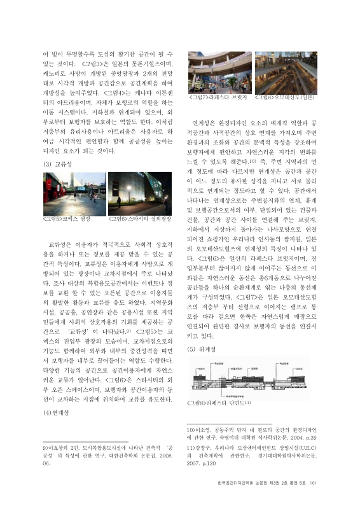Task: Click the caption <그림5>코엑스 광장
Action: (66, 219)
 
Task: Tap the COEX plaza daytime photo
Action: (73, 193)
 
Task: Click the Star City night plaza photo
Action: (140, 193)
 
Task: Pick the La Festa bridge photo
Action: (219, 73)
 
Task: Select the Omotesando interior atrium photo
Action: (286, 73)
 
